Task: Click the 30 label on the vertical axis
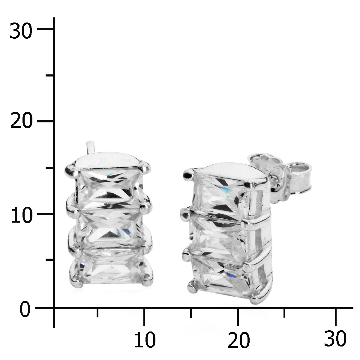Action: [21, 31]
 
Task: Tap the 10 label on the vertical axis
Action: [22, 214]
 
